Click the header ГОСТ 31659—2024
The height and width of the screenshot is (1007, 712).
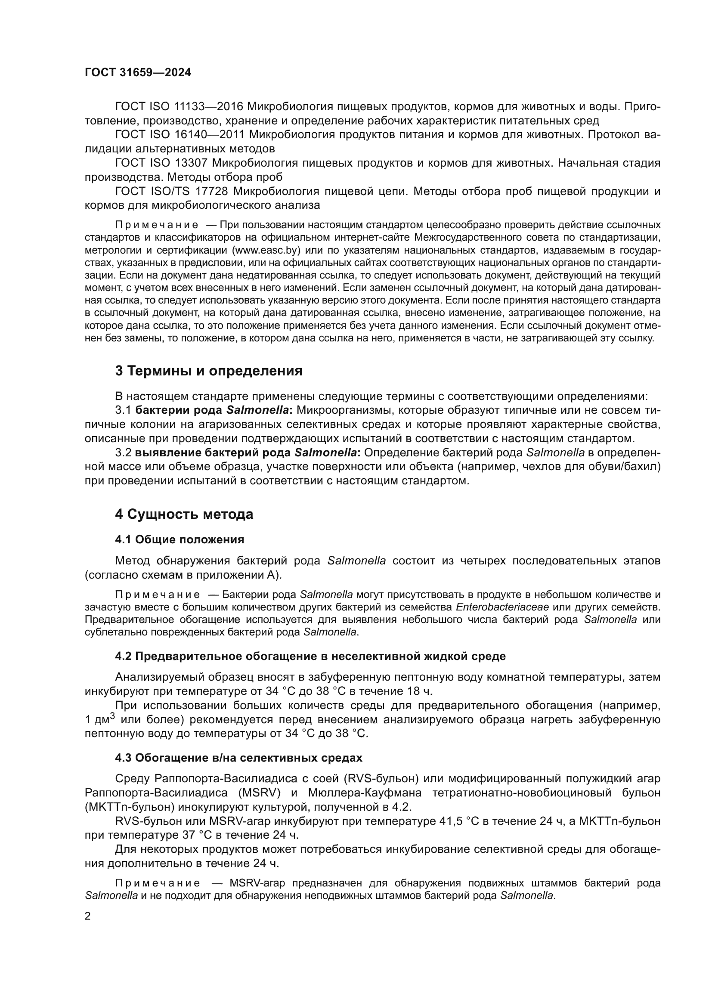[138, 73]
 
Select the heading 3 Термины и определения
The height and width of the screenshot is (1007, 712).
[209, 371]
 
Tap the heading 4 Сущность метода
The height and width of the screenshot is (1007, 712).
[184, 514]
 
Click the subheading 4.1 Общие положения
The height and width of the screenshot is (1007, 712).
[180, 539]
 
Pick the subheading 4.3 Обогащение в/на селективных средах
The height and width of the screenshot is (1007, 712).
[239, 758]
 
